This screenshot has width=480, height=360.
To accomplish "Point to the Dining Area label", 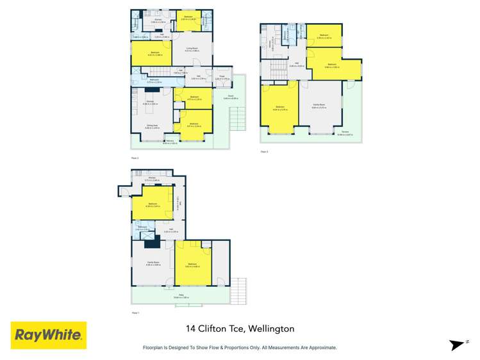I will click(151, 127).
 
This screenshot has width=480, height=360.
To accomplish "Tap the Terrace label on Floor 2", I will click(345, 132).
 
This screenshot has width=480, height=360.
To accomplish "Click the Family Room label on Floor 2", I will click(318, 104).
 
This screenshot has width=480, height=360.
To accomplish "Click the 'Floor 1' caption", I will click(135, 313).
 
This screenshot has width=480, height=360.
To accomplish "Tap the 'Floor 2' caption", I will click(264, 151).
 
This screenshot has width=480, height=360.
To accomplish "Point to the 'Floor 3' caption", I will click(135, 157).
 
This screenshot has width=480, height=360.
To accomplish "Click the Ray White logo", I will click(49, 334).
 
